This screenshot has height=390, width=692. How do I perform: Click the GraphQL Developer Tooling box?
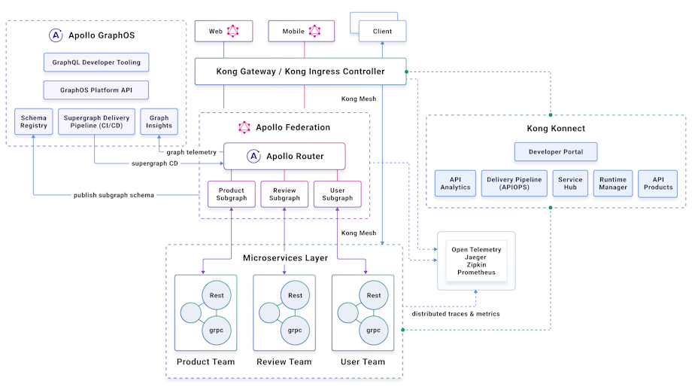point(96,62)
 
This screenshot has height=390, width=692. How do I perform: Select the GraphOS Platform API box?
point(96,90)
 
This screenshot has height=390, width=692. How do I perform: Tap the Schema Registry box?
point(33,122)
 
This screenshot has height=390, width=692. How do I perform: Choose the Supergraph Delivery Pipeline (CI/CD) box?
point(96,122)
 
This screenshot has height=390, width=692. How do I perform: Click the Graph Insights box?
point(159,122)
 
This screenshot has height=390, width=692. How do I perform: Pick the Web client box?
point(223,32)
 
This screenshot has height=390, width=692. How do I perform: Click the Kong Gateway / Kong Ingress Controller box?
point(300,72)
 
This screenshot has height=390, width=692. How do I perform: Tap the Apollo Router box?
point(284,157)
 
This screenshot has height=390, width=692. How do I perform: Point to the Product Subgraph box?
point(231,194)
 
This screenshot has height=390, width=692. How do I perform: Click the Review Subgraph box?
point(284,194)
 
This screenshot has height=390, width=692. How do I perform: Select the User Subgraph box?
point(338,194)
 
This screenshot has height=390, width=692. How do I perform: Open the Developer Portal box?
point(556,152)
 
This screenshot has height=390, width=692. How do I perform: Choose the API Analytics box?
point(455,183)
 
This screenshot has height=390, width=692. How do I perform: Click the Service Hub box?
point(570,183)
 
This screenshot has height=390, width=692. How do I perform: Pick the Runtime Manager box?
point(613,183)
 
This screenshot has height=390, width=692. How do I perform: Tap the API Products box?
point(658,183)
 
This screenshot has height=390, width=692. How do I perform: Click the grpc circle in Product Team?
point(217,330)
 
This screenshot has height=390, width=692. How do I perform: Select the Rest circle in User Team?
point(374,295)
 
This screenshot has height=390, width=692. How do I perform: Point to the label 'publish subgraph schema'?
point(114,195)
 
